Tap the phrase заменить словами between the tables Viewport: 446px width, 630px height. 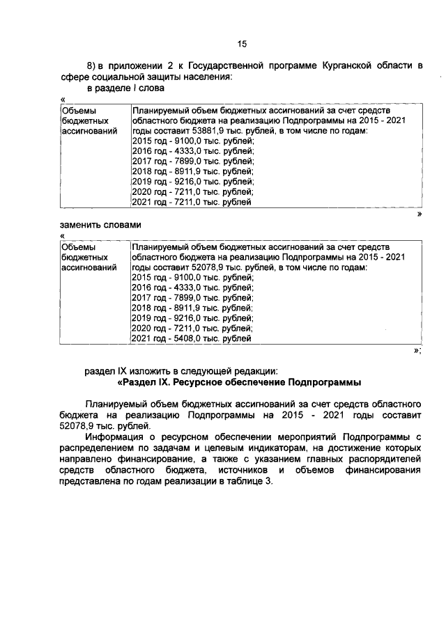coord(101,225)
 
